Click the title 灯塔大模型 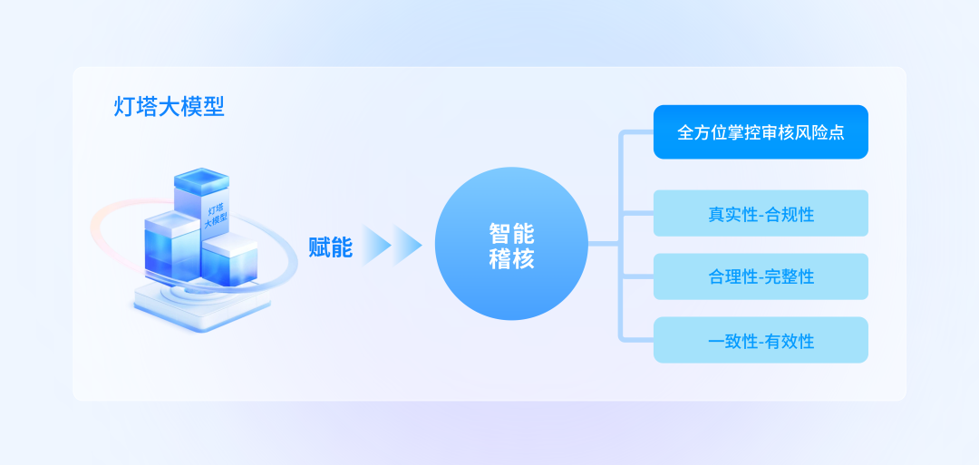[170, 107]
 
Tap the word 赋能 [330, 246]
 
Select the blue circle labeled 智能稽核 [512, 243]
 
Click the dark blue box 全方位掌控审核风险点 [761, 132]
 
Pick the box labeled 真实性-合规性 [761, 214]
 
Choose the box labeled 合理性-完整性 [761, 276]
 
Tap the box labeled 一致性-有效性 [761, 340]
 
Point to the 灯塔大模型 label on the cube [215, 215]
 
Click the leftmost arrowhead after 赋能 [375, 245]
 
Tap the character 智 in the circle [500, 233]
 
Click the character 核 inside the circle [524, 259]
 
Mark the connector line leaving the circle [604, 244]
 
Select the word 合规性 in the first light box [790, 215]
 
